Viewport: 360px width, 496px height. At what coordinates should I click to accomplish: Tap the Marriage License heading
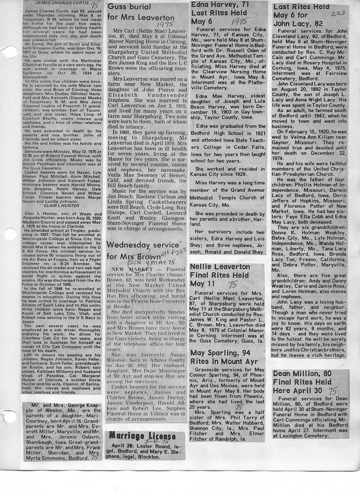point(136,436)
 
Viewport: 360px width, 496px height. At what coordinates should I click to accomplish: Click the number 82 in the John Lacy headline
point(317,23)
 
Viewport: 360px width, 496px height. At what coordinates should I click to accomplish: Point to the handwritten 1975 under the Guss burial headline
point(165,24)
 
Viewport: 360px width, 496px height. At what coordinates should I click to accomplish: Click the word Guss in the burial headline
point(118,7)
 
